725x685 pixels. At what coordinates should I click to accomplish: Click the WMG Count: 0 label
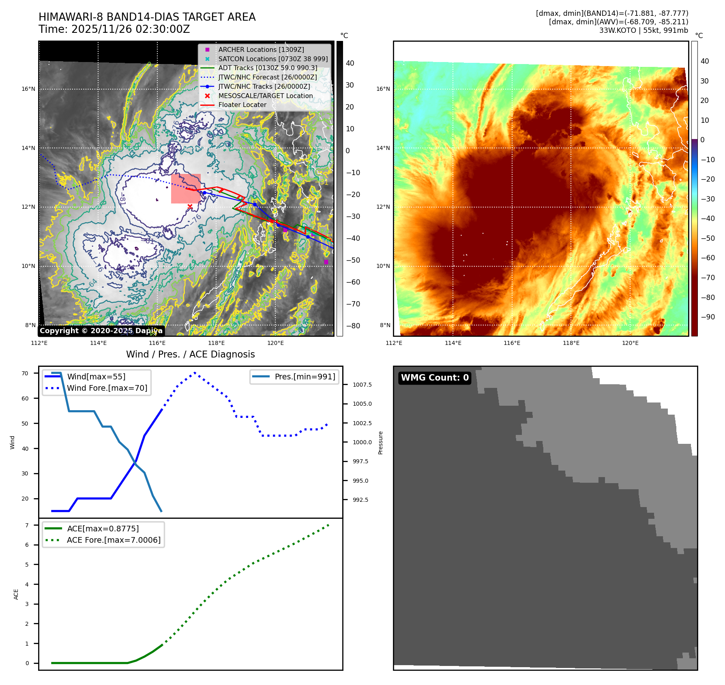[435, 378]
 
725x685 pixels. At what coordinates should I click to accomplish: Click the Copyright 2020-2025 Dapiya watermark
[101, 331]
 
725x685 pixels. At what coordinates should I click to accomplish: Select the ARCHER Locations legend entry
[261, 49]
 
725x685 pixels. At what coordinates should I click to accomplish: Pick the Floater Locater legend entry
[242, 105]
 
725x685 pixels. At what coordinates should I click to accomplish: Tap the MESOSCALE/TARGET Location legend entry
[265, 96]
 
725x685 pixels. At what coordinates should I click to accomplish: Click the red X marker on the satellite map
[190, 207]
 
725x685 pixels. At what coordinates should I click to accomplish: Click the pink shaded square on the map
[186, 188]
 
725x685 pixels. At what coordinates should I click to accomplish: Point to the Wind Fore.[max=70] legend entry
[107, 388]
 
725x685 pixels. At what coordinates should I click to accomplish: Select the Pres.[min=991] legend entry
[305, 377]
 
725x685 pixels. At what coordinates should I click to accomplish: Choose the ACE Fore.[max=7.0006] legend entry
[114, 540]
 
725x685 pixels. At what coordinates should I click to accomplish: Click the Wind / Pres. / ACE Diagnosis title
[190, 354]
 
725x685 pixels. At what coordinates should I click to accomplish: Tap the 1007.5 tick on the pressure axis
[362, 385]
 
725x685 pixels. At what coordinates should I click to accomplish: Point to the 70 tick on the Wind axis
[25, 373]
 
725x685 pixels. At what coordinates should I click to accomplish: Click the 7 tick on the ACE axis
[27, 525]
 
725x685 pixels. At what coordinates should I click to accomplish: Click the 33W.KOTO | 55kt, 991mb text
[643, 30]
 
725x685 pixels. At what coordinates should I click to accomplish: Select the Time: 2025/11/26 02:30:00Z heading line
[114, 29]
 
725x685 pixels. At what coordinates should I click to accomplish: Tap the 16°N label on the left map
[28, 89]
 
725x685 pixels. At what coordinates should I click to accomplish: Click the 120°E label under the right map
[630, 343]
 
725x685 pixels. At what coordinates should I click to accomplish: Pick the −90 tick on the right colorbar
[708, 317]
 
